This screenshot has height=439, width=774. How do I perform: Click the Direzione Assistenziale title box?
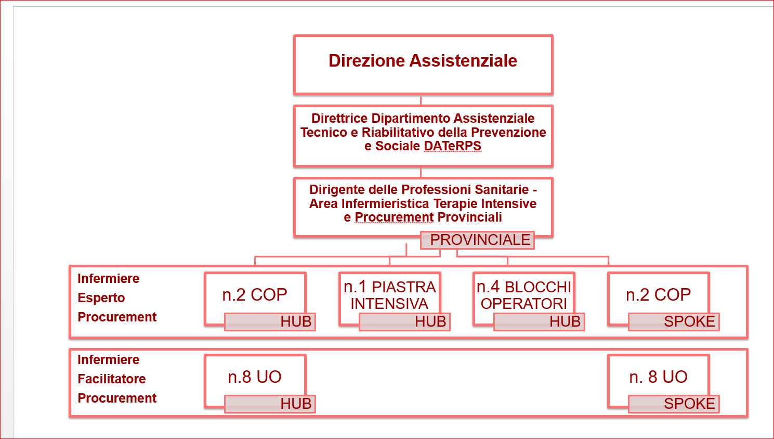[x=423, y=64]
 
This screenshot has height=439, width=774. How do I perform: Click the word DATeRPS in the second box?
[x=452, y=146]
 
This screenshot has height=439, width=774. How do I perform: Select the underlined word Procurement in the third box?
[x=394, y=217]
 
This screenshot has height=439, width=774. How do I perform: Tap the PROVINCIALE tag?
[x=477, y=240]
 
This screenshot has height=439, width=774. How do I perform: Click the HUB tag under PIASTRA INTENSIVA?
[x=404, y=322]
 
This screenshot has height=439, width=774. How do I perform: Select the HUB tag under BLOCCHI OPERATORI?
[x=539, y=322]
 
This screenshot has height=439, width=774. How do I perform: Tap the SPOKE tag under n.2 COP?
[x=674, y=322]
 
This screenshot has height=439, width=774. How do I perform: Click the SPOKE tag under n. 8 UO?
[x=674, y=404]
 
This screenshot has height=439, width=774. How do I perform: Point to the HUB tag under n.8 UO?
[x=270, y=404]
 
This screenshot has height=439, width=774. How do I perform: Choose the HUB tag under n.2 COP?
[x=270, y=322]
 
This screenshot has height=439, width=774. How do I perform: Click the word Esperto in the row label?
[x=101, y=298]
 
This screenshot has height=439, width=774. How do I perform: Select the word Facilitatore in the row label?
[x=112, y=379]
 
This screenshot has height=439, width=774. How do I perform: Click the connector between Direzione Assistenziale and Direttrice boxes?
[x=421, y=100]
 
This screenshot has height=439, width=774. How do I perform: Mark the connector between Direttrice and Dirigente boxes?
[x=421, y=173]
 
